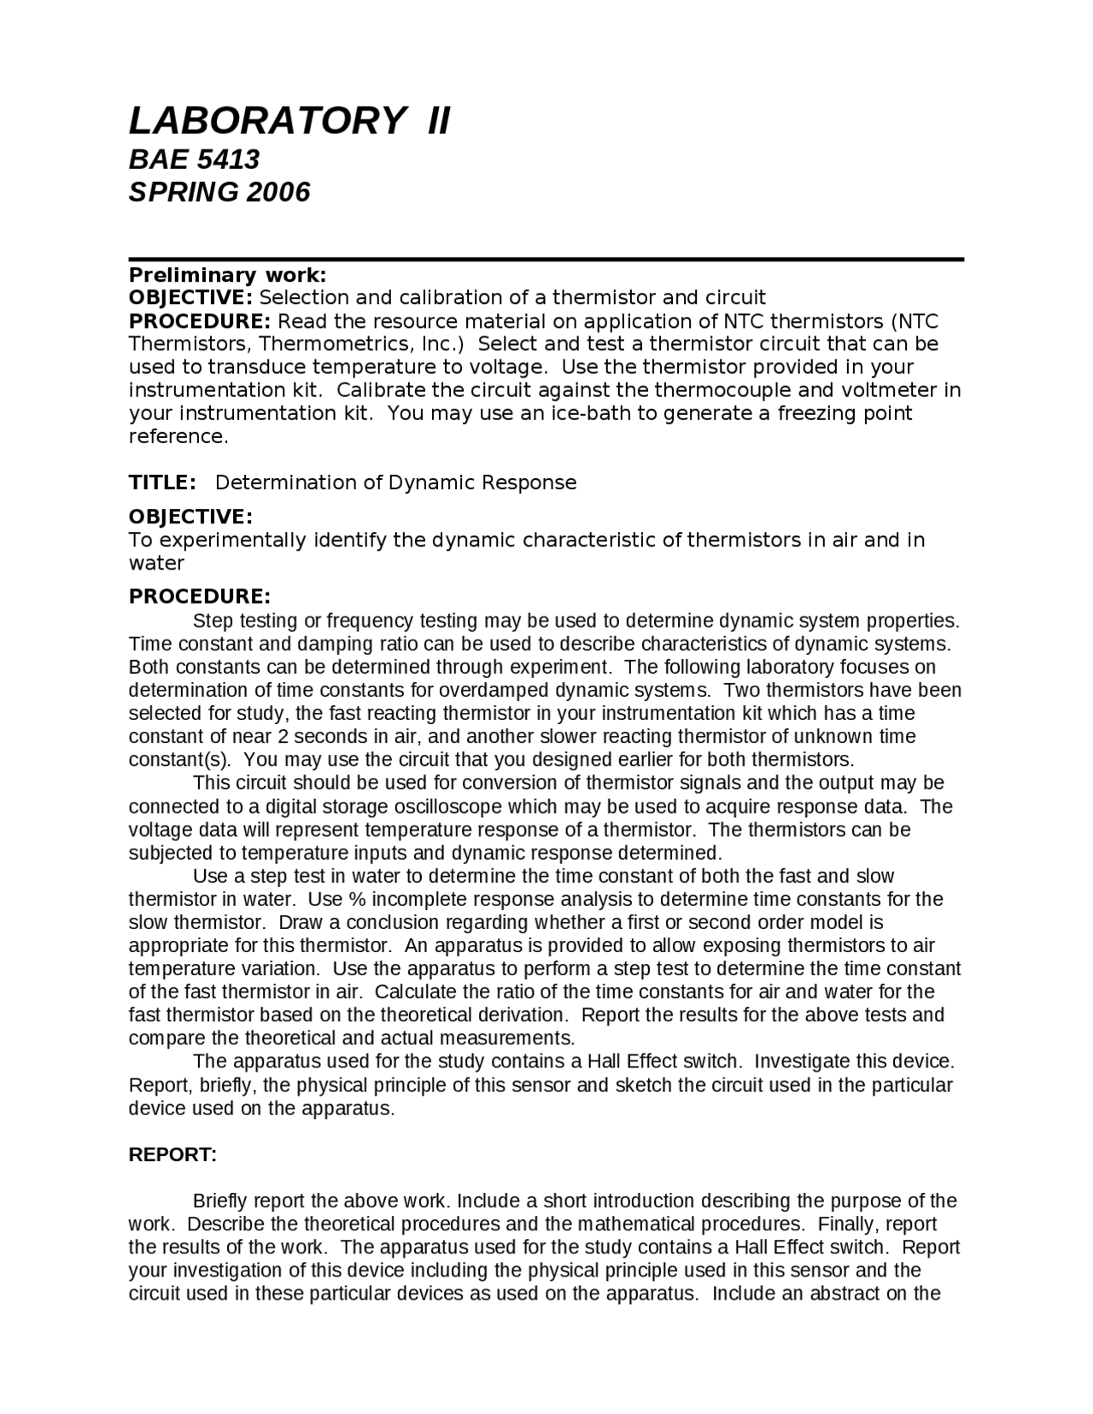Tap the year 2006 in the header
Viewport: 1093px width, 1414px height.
click(x=278, y=192)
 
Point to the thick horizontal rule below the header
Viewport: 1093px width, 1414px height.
click(x=546, y=259)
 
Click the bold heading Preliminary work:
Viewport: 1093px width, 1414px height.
click(x=227, y=275)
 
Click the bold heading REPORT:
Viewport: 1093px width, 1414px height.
click(x=172, y=1155)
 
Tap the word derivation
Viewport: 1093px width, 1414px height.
click(x=522, y=1015)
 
